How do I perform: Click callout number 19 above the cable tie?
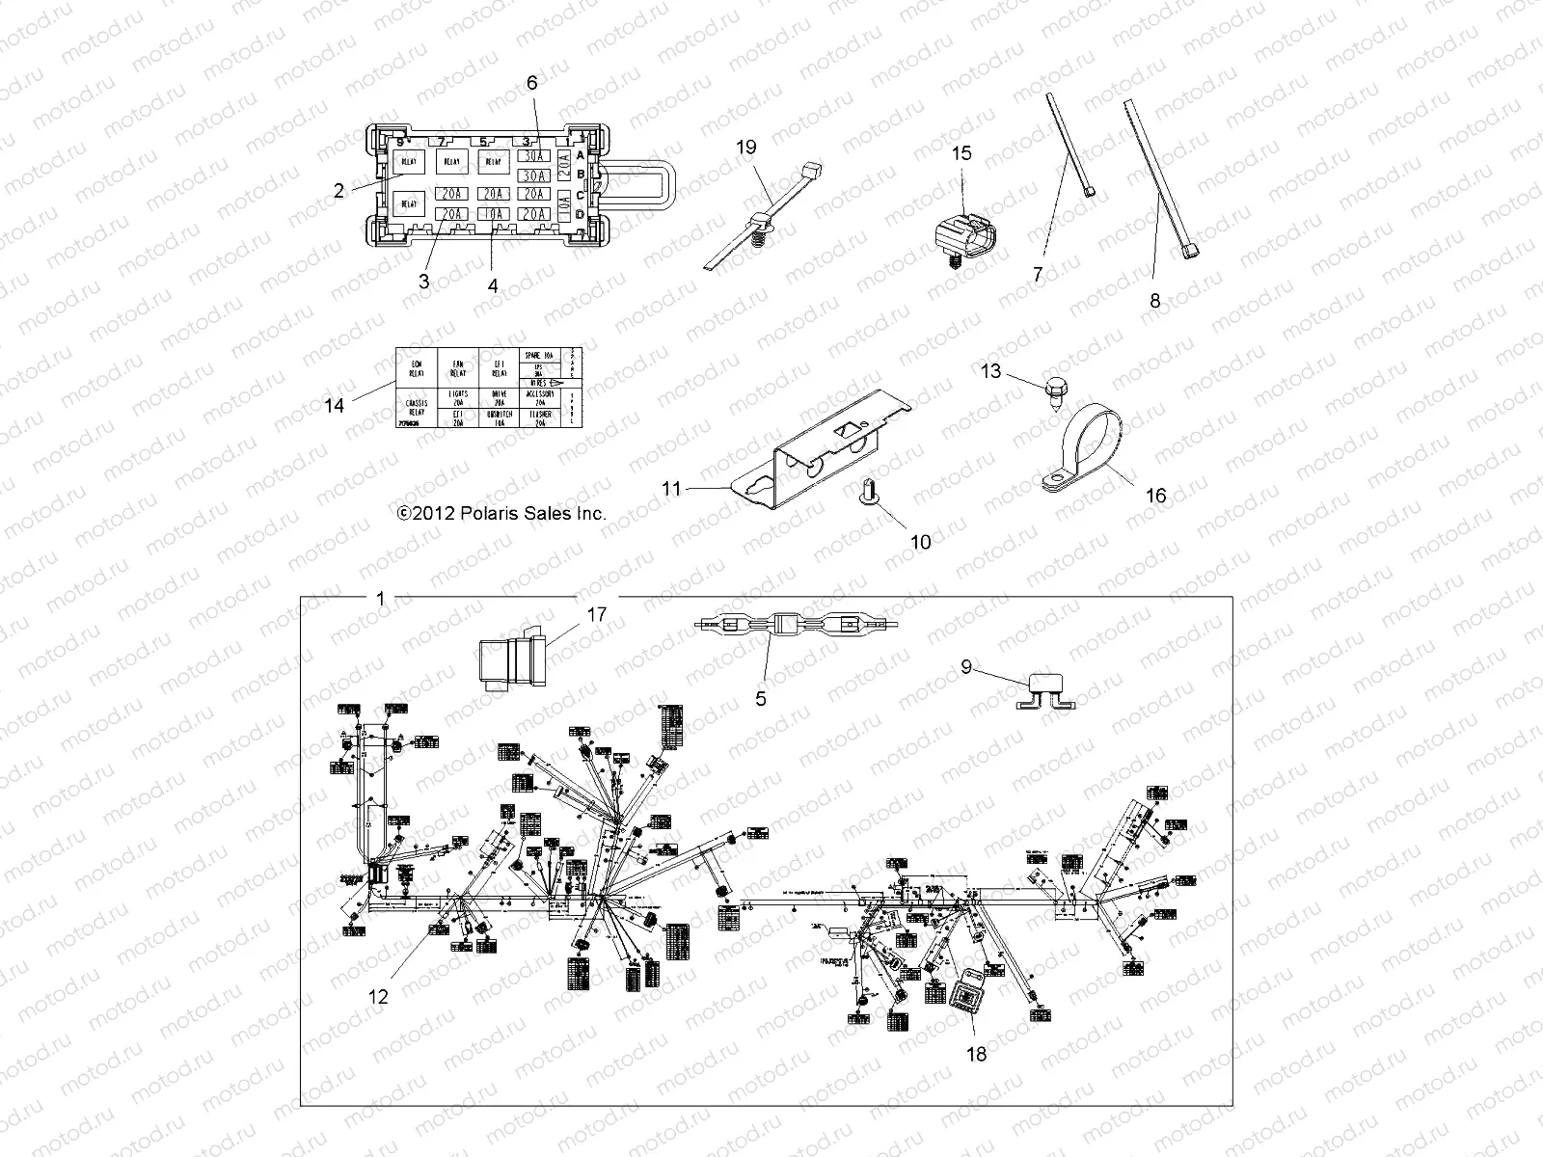[746, 148]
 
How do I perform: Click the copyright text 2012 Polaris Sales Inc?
[502, 513]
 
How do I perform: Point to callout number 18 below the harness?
[976, 1054]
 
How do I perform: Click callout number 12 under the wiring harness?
[379, 997]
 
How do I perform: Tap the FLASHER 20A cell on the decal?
[540, 416]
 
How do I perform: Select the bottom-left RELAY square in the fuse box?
[409, 202]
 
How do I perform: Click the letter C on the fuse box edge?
[580, 194]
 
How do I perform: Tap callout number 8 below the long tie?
[1155, 301]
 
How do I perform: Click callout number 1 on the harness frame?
[380, 599]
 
